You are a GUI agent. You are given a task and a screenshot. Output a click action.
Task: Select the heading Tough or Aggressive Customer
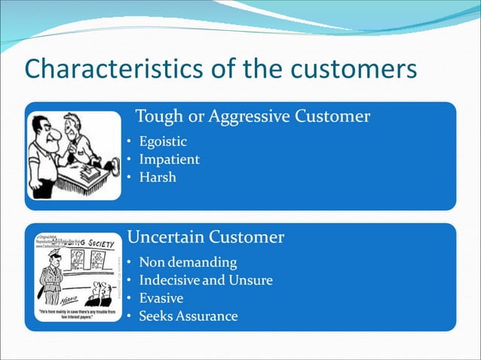coord(252,117)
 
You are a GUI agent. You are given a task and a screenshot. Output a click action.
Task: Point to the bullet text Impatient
coord(170,160)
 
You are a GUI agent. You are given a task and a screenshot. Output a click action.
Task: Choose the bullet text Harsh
coord(158,178)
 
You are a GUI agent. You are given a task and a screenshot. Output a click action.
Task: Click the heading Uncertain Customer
coord(206,237)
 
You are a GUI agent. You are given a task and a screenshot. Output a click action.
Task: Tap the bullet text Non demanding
coord(188,263)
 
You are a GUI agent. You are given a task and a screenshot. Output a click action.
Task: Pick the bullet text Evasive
coord(161,298)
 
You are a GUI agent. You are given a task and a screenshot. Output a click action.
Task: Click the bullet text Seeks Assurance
coord(188,316)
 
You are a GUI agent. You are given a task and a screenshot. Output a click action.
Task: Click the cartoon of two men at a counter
coord(74,156)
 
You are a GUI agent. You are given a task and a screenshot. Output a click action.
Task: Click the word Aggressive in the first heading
coord(253,117)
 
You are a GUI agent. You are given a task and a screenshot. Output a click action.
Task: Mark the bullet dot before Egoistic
coord(129,142)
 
